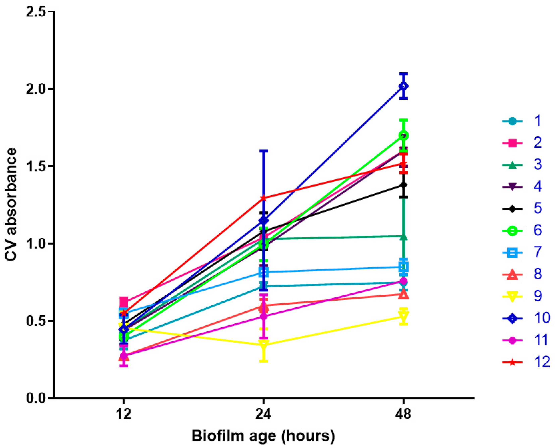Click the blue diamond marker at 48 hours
[404, 86]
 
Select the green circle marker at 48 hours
[404, 135]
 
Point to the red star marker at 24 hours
[263, 198]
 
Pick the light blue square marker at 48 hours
[404, 267]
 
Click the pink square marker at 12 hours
[124, 301]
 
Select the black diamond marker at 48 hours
[404, 185]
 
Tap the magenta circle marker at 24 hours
[263, 316]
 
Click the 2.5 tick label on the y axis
[36, 12]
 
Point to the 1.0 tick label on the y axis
[36, 244]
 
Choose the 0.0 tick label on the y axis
[36, 398]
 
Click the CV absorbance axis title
[11, 204]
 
